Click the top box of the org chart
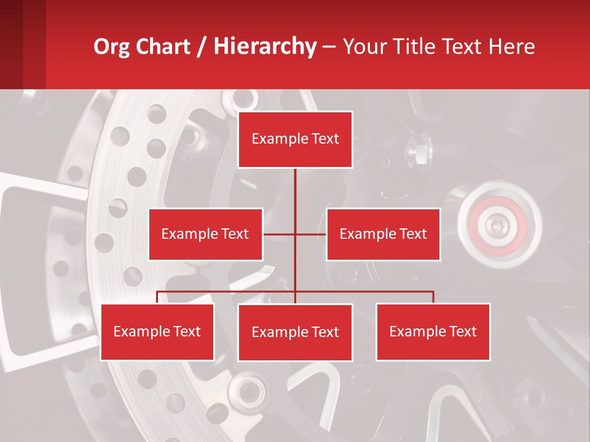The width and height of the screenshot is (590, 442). [295, 139]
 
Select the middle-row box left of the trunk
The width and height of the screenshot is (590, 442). [205, 234]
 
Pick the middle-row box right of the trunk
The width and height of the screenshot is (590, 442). [383, 234]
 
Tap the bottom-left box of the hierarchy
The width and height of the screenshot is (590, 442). [157, 331]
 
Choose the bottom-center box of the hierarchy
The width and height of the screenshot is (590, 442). [295, 332]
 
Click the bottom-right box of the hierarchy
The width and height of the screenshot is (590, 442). [433, 331]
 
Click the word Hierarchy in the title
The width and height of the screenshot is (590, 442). [265, 46]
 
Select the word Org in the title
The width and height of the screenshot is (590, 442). [111, 47]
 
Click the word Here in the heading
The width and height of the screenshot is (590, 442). [511, 47]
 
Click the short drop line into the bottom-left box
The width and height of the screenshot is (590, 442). [157, 297]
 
